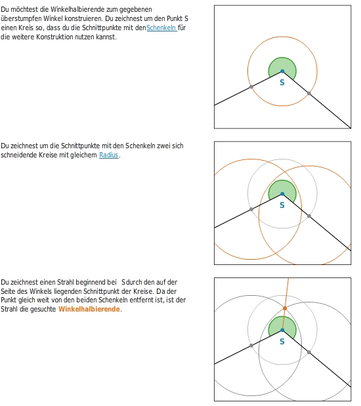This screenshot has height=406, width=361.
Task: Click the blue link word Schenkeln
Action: (161, 28)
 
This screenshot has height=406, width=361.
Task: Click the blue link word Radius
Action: (109, 155)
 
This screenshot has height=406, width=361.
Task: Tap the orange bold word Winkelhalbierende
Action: (89, 309)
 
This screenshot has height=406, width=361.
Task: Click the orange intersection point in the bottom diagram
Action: (285, 308)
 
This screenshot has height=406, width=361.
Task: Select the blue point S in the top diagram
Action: (282, 71)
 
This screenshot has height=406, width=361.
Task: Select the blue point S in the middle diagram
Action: (282, 194)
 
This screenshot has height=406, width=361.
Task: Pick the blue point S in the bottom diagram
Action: (282, 330)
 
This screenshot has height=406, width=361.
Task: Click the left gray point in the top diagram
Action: (251, 87)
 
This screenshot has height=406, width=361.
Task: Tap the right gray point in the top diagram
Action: (309, 93)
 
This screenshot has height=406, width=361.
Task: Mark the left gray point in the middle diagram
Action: (251, 209)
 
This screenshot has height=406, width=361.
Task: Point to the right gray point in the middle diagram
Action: (309, 216)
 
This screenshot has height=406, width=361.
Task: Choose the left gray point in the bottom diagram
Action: (251, 346)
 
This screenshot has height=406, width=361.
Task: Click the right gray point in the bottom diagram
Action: (309, 352)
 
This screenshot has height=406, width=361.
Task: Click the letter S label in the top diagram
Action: (282, 83)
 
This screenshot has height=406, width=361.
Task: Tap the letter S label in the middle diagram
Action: (282, 205)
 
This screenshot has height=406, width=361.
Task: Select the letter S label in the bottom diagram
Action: (282, 342)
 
